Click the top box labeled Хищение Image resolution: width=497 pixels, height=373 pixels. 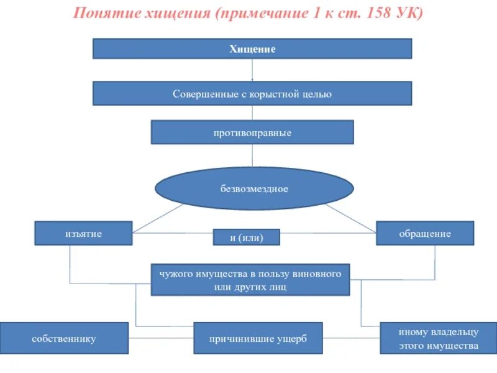point(252,48)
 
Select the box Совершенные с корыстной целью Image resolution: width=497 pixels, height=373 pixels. point(252,93)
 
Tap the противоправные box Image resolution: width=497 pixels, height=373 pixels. point(252,132)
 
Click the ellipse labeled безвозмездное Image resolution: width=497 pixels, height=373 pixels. point(254,188)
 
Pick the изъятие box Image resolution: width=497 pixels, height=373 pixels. point(83,233)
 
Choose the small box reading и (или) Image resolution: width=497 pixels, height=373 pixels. point(247,237)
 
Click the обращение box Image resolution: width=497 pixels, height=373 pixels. point(425,233)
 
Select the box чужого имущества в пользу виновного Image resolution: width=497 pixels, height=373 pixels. point(250,279)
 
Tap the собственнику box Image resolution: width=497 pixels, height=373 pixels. point(64,339)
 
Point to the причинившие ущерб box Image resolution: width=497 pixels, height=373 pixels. point(258,339)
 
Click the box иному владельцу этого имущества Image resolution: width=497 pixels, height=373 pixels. point(430,339)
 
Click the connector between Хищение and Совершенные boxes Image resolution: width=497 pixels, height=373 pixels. point(252,70)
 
